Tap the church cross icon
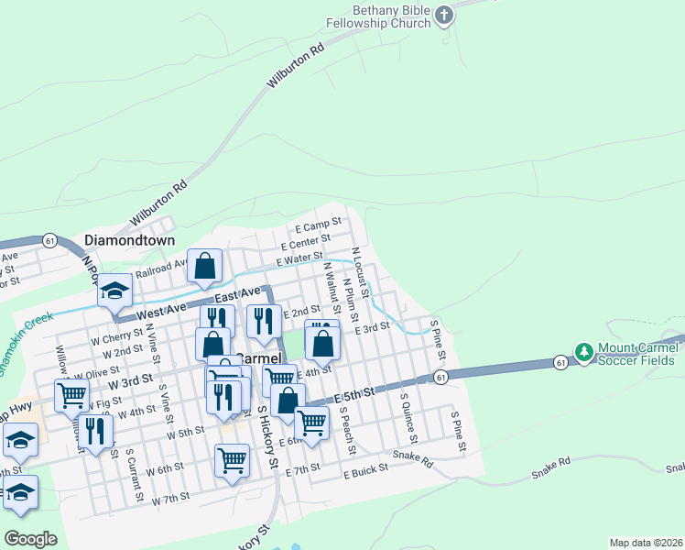point(443,15)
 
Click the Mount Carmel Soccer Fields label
point(637,353)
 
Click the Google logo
point(31,538)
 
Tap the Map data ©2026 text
point(647,542)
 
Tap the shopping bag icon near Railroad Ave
point(205,266)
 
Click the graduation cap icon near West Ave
point(115,291)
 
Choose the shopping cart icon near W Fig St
point(71,395)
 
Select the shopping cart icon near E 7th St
point(232,459)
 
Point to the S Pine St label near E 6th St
point(459,431)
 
